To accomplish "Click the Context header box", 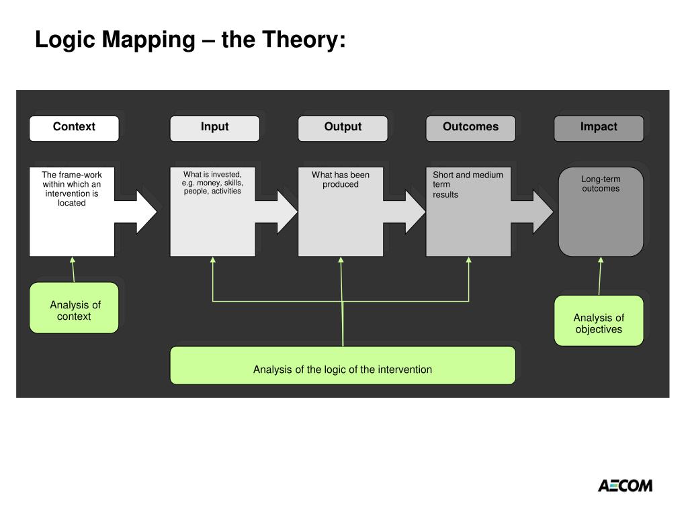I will point(74,128).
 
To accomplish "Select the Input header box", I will point(214,128).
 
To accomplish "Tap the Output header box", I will point(343,128).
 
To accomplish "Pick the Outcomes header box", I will point(470,128).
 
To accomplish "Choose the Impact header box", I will point(598,128).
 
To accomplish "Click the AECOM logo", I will point(625,485).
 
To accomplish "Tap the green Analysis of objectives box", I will point(598,321).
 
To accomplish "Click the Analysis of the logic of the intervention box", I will point(343,365).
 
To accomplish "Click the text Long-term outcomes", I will point(601,184).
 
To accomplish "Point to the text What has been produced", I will point(341,179).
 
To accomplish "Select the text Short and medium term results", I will point(467,184).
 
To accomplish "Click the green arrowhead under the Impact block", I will point(601,261).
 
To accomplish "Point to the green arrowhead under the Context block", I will point(73,261).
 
